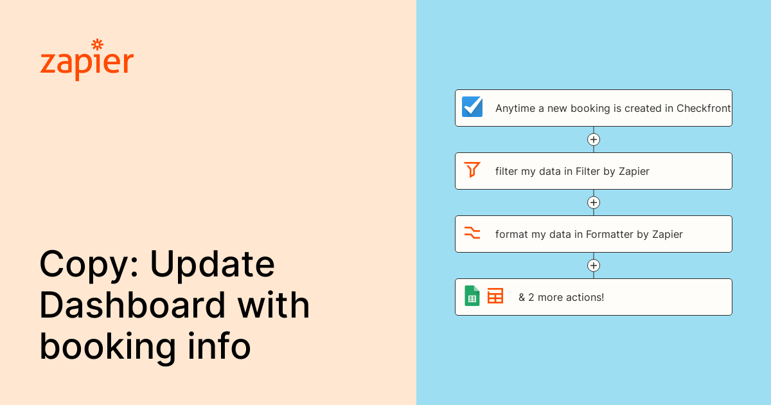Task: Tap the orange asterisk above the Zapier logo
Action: [98, 44]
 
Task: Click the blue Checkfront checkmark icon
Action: [472, 107]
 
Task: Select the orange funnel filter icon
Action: [472, 170]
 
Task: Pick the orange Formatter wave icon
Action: [472, 233]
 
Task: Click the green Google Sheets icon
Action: [472, 296]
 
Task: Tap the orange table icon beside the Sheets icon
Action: [495, 296]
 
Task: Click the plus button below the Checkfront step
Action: [594, 139]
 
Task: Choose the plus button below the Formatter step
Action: [594, 265]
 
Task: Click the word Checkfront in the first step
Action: [704, 109]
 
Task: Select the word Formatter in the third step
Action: [610, 235]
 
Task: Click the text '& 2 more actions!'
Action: [561, 298]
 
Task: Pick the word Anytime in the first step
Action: [515, 109]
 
